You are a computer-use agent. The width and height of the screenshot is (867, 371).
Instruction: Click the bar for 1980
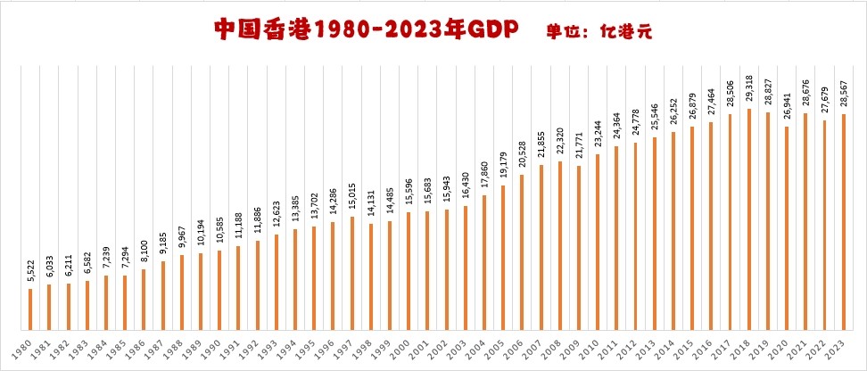(x=30, y=308)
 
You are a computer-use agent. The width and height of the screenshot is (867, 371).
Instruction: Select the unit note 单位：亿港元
(x=599, y=30)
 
